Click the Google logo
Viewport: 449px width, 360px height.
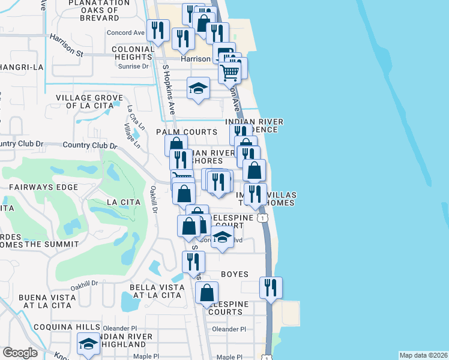click(x=20, y=353)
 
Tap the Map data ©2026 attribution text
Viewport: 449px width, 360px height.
click(x=423, y=355)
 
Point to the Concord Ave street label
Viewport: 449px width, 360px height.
click(x=125, y=33)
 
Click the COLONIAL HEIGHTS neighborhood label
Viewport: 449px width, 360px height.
click(x=133, y=53)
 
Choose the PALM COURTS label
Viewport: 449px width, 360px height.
click(x=187, y=132)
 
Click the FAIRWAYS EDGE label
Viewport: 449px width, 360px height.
click(x=44, y=187)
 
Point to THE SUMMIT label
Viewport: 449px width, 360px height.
click(x=52, y=244)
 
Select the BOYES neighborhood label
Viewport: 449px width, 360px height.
click(x=234, y=274)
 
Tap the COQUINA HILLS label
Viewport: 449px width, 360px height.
click(x=59, y=326)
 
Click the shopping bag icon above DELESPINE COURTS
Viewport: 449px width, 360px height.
click(x=206, y=293)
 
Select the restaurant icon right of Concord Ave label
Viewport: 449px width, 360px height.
click(x=158, y=30)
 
